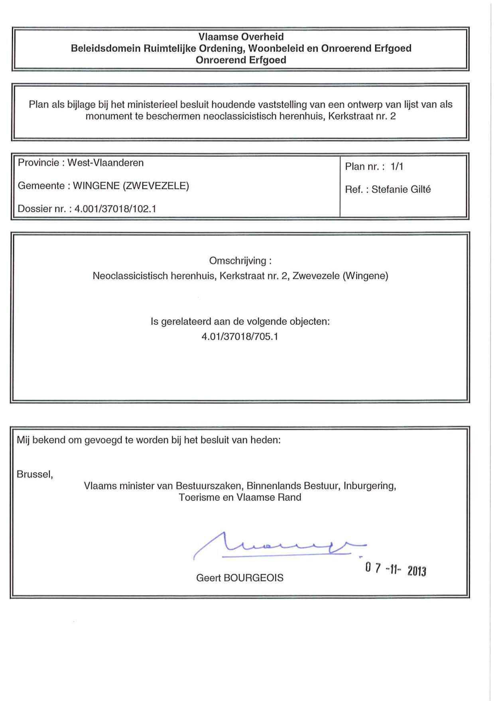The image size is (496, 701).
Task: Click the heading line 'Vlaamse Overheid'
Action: (241, 37)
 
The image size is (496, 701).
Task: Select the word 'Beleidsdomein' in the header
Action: (106, 48)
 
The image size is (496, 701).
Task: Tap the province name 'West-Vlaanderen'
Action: (105, 163)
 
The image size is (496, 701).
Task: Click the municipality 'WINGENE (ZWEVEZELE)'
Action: (131, 186)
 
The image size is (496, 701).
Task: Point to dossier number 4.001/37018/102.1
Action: (115, 209)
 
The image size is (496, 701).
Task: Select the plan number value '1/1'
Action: (397, 166)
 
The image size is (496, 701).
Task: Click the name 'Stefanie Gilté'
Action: (401, 190)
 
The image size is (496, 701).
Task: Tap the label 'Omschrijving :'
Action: (240, 261)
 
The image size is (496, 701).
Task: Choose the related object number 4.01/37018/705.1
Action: (240, 337)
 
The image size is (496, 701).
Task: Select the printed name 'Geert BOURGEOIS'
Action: (240, 578)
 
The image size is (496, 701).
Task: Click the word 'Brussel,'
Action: (35, 474)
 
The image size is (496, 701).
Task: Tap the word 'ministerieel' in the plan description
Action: (153, 105)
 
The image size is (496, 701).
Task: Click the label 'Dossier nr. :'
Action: (44, 209)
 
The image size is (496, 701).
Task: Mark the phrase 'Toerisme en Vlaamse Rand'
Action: (240, 498)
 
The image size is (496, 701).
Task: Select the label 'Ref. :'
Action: (356, 190)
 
